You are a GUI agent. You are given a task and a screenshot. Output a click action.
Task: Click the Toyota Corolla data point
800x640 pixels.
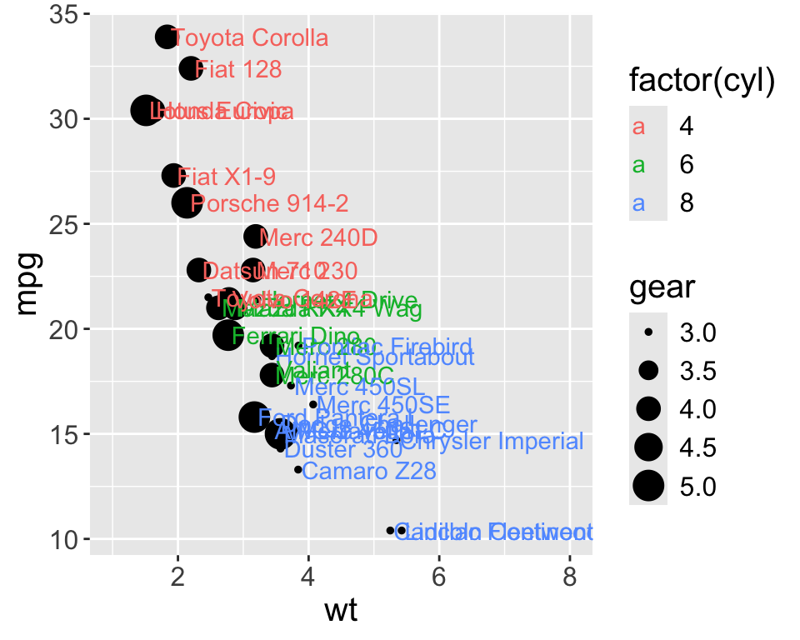(166, 37)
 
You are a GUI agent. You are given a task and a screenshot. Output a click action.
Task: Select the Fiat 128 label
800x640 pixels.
(237, 69)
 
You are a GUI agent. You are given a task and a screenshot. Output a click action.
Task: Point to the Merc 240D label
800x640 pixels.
(318, 237)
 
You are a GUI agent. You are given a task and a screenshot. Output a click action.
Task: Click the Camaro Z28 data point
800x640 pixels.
(297, 470)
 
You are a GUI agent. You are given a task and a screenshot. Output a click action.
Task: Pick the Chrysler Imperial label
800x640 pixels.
(497, 441)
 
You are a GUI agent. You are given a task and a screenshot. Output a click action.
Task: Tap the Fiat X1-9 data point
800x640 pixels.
(172, 175)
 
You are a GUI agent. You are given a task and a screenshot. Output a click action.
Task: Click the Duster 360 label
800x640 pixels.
(331, 450)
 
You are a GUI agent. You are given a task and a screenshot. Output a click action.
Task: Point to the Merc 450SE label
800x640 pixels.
(383, 406)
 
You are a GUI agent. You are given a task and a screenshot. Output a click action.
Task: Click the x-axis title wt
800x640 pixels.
(341, 612)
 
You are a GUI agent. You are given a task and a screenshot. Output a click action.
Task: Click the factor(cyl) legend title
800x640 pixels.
(702, 81)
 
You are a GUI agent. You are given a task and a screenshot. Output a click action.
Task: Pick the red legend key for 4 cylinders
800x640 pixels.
(639, 127)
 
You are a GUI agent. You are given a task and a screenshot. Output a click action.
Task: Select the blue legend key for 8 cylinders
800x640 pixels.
(639, 202)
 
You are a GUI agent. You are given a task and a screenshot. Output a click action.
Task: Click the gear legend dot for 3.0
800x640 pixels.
(649, 333)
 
